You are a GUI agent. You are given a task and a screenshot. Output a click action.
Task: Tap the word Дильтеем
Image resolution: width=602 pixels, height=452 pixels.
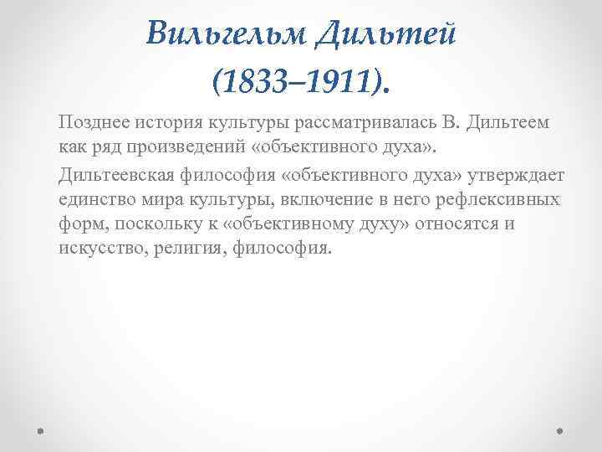[508, 122]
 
